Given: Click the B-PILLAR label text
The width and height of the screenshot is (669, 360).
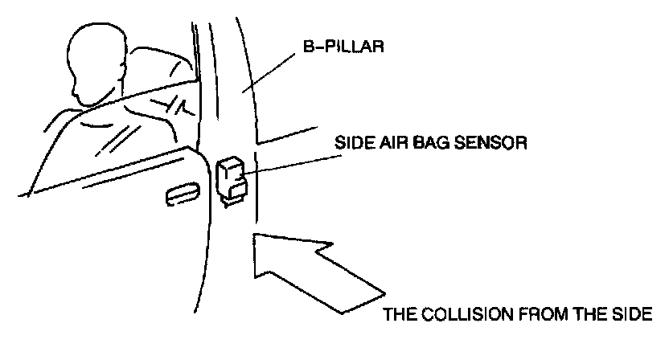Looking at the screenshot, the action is pos(347,47).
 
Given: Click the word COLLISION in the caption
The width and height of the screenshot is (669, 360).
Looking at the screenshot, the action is pos(459,313).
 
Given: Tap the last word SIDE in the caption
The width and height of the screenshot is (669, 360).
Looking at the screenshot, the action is pos(630,313).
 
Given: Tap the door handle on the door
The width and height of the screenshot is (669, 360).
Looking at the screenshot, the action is pos(183,193).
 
